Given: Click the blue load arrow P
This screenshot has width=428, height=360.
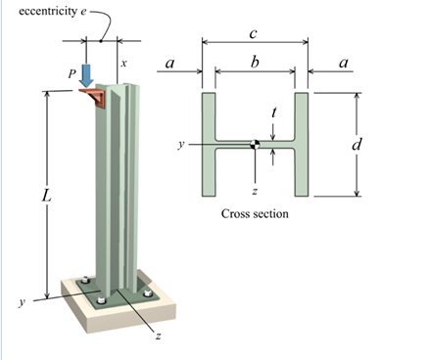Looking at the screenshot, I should pos(87,74).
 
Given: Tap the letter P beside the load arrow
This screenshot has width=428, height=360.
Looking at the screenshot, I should pos(70,73).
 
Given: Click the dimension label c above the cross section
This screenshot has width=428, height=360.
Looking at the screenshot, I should pos(253,33).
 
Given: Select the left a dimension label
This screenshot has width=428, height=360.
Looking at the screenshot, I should pos(170,65).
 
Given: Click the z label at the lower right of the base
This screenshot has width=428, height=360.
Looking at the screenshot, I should pos(157,335).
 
